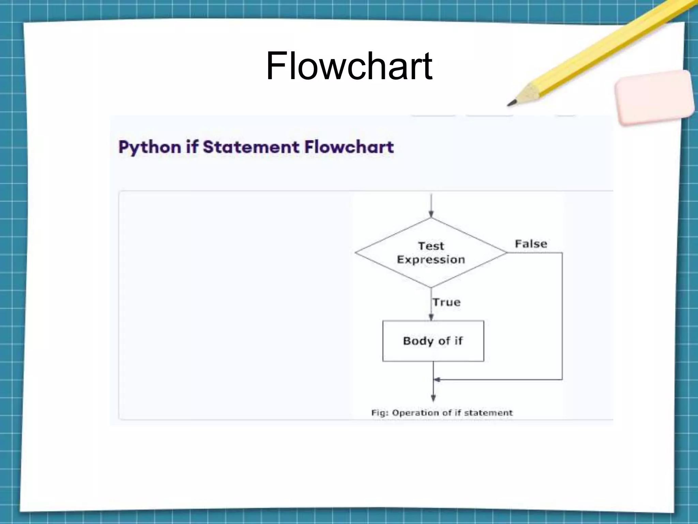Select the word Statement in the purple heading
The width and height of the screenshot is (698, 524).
(x=251, y=147)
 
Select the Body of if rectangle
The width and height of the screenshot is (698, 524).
(x=433, y=341)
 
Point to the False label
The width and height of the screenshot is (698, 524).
(x=531, y=244)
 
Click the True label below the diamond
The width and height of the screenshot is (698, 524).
(x=446, y=302)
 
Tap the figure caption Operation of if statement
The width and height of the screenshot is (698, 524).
(x=442, y=413)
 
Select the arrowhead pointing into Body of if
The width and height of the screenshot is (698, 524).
(x=431, y=317)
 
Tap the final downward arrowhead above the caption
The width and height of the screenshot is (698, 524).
(x=433, y=398)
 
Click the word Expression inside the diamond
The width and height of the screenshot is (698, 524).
(x=431, y=260)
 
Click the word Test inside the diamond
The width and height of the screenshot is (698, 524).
(x=431, y=246)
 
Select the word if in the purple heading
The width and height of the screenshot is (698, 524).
(x=192, y=147)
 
